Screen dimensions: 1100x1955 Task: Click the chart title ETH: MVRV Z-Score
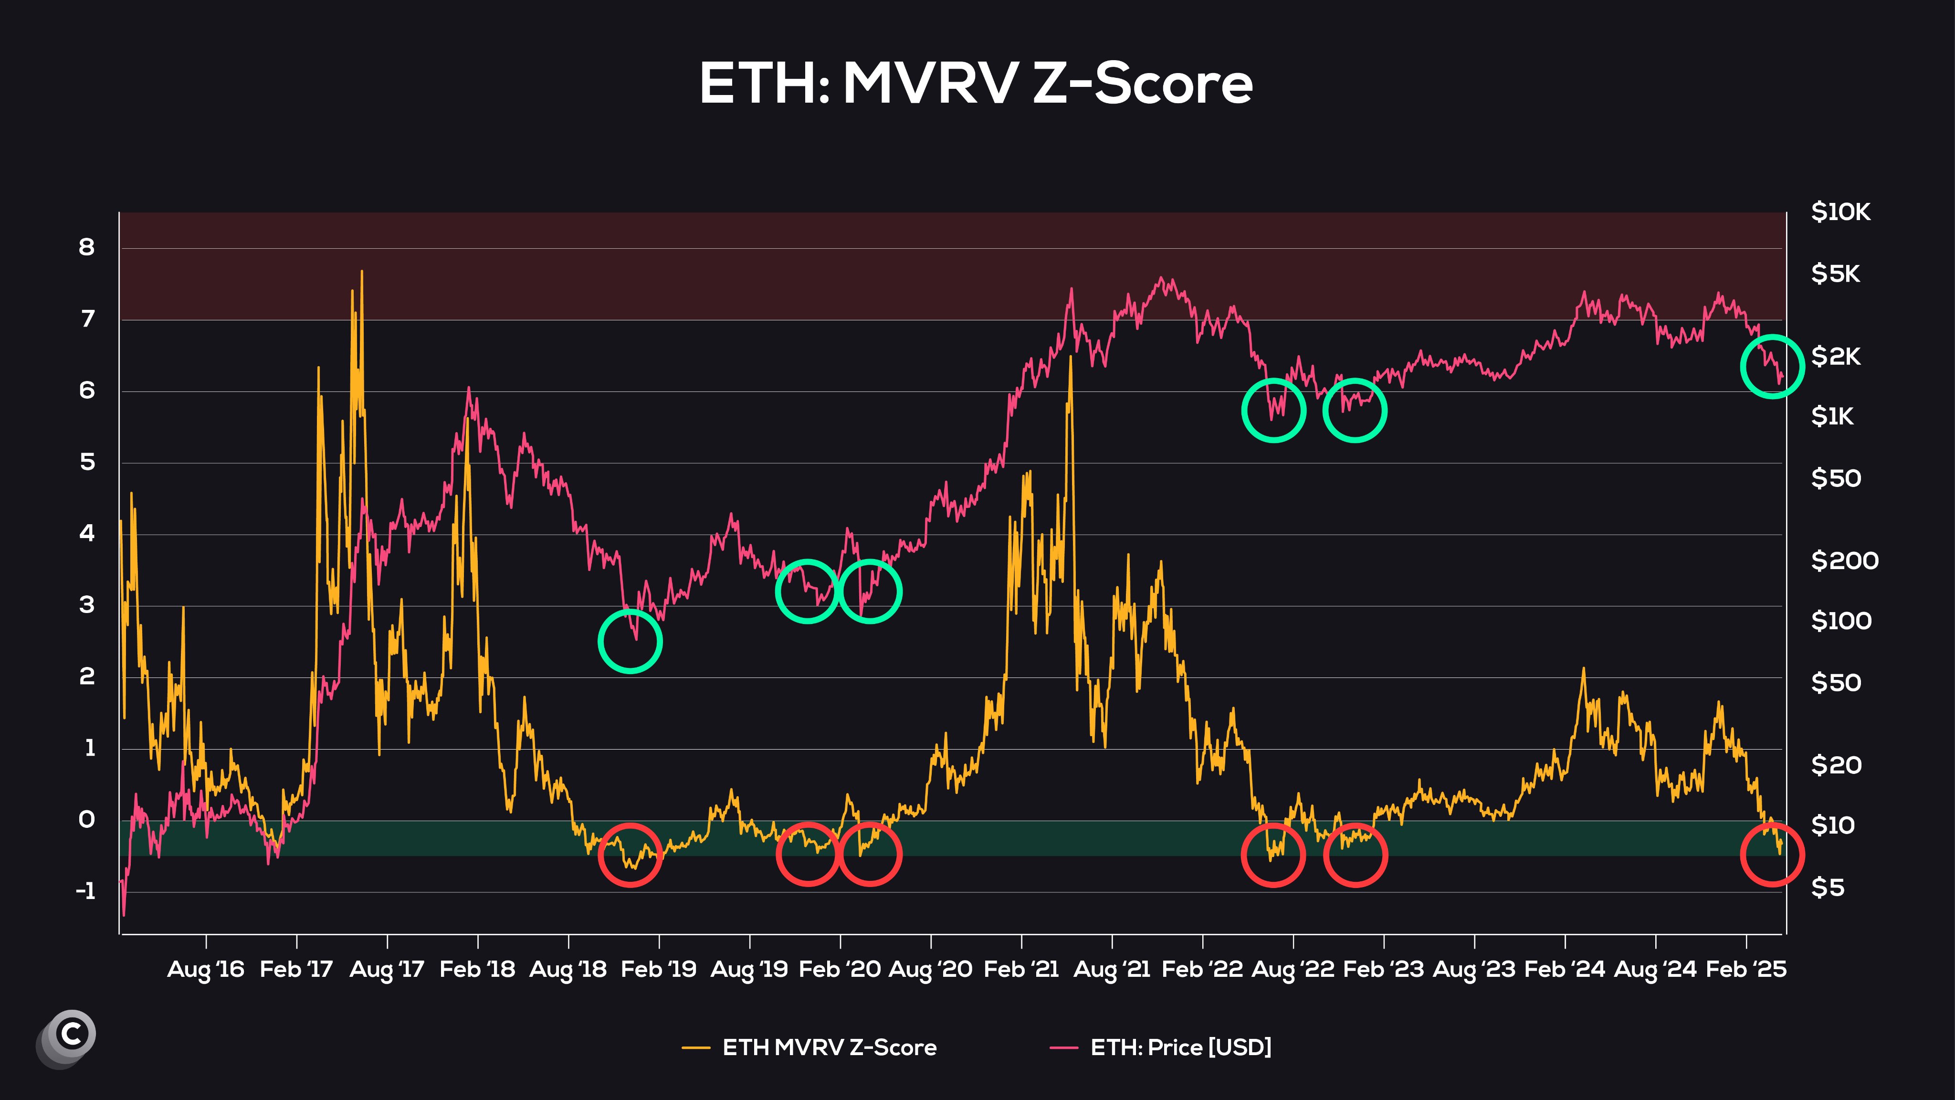pyautogui.click(x=976, y=84)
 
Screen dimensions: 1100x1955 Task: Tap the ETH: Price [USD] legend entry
pyautogui.click(x=1180, y=1047)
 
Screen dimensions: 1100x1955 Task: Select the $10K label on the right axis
pyautogui.click(x=1840, y=212)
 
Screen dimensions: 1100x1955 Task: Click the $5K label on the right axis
pyautogui.click(x=1835, y=274)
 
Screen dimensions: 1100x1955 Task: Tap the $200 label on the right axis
pyautogui.click(x=1844, y=561)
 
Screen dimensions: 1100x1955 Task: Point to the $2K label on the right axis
pyautogui.click(x=1835, y=356)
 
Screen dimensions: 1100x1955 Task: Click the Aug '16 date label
pyautogui.click(x=206, y=970)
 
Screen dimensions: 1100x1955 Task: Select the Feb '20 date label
pyautogui.click(x=840, y=970)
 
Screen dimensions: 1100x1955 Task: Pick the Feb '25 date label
pyautogui.click(x=1745, y=970)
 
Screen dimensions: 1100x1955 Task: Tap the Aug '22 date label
pyautogui.click(x=1293, y=970)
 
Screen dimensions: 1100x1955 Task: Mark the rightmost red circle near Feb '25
pyautogui.click(x=1771, y=855)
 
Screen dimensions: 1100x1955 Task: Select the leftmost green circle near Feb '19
pyautogui.click(x=630, y=642)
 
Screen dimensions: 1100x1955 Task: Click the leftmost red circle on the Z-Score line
pyautogui.click(x=630, y=855)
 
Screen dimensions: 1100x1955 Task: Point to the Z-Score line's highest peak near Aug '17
pyautogui.click(x=362, y=272)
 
